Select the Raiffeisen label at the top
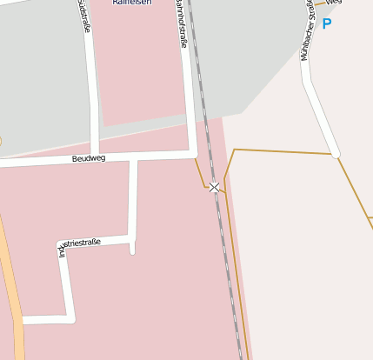130,3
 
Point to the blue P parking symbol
327,24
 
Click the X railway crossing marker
215,187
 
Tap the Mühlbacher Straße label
307,35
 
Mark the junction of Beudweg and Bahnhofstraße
191,154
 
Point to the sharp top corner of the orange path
235,150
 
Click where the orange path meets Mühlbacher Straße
335,155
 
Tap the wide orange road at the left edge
12,296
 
